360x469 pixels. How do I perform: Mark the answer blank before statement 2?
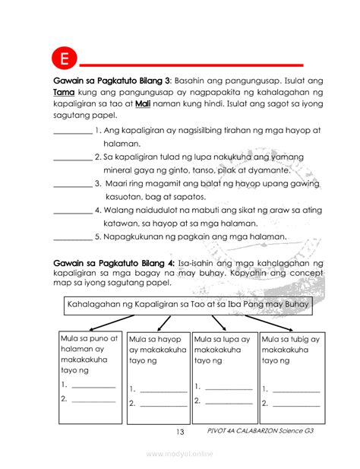[72, 157]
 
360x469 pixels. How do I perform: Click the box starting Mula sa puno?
[90, 376]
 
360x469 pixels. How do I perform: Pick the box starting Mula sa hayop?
[157, 376]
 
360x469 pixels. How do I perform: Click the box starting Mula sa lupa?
[223, 376]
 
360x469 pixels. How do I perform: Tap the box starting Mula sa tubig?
[291, 376]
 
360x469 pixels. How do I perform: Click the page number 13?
[179, 433]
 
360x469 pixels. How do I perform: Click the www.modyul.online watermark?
[180, 453]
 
